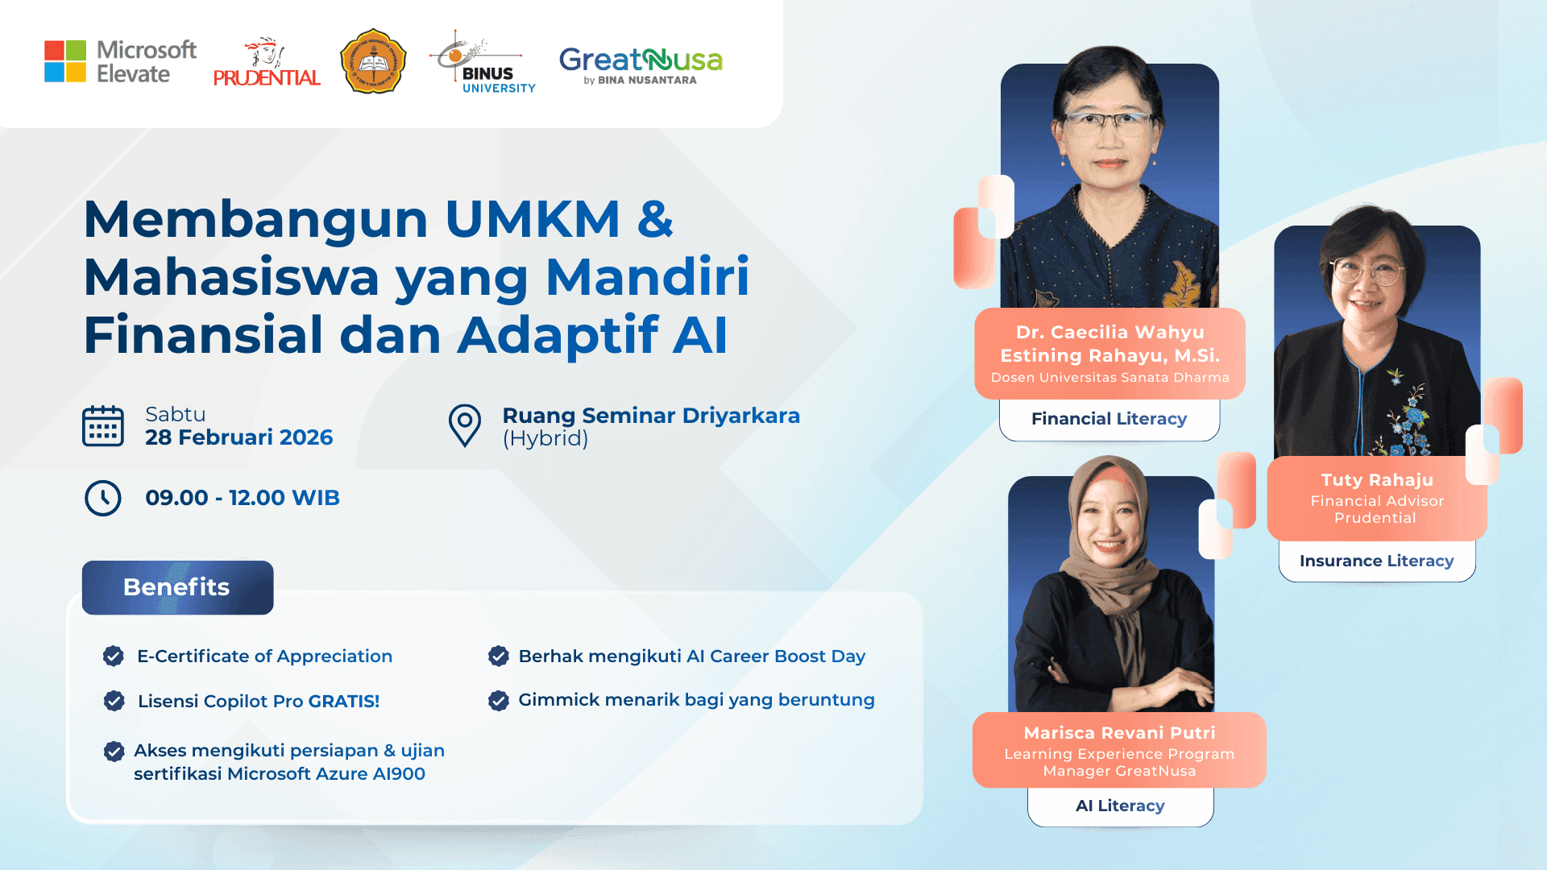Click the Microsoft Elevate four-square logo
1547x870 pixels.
[65, 61]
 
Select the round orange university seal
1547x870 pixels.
[373, 61]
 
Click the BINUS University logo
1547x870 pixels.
[483, 63]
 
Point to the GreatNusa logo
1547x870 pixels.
[641, 64]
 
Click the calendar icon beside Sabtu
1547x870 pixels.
[103, 426]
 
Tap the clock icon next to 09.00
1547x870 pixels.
[103, 498]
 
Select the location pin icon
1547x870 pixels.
[465, 425]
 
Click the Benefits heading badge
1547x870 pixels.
[177, 587]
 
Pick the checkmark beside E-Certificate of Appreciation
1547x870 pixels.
[114, 657]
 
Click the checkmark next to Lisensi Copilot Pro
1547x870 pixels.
[114, 701]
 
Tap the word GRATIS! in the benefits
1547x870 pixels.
[343, 701]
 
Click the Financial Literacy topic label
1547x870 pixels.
[1109, 419]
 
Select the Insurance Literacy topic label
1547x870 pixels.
[1376, 561]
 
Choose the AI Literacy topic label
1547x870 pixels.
[1120, 806]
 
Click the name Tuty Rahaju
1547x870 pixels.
[1377, 480]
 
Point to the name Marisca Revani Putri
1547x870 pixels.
[1119, 733]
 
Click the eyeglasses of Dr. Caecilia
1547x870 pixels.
[1109, 122]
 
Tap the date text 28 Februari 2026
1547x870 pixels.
[238, 437]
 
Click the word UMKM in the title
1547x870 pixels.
[532, 219]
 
